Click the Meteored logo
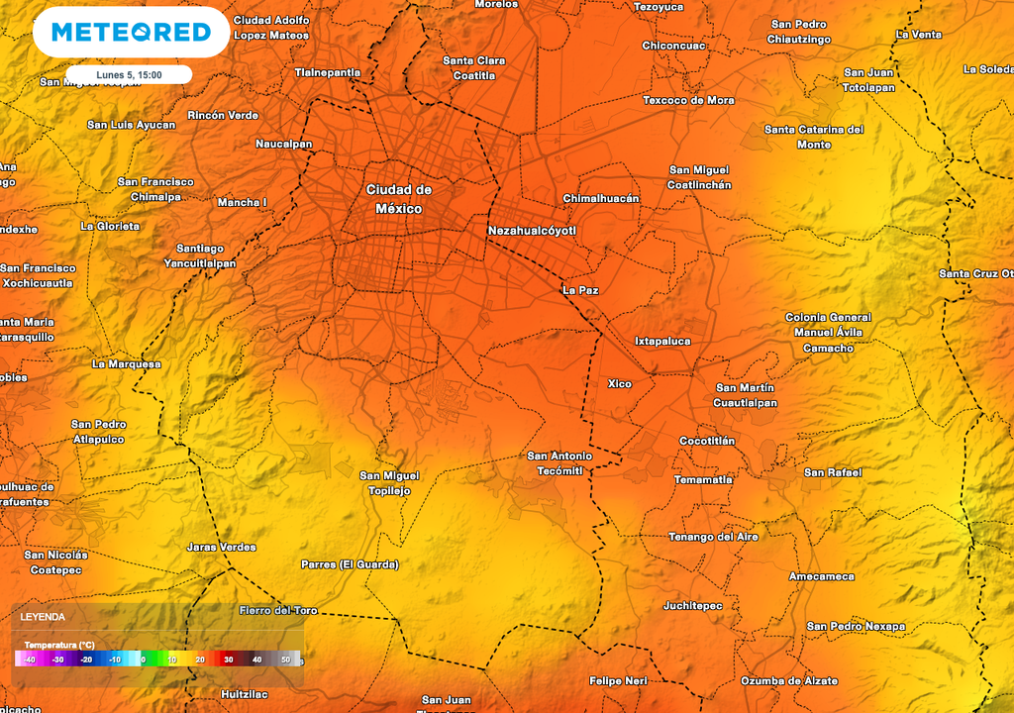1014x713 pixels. coord(131,33)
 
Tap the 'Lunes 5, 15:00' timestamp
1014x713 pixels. coord(129,74)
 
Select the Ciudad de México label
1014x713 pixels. coord(399,199)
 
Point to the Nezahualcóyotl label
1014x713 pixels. coord(532,231)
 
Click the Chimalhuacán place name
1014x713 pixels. coord(601,198)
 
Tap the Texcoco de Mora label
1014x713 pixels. coord(688,100)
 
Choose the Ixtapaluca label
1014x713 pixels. coord(662,341)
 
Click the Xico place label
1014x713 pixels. coord(619,383)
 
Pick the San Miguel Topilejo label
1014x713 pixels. coord(389,483)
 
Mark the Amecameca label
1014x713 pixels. coord(822,576)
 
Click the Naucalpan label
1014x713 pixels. coord(284,144)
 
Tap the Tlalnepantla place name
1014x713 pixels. coord(328,72)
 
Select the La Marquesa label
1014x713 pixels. coord(126,363)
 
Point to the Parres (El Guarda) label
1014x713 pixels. coord(350,564)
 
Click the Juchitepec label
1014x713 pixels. coord(693,605)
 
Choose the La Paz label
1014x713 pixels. coord(580,290)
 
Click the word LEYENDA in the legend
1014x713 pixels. coord(43,617)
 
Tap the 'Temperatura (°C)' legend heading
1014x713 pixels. coord(60,644)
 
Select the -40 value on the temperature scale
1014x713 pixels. coord(30,660)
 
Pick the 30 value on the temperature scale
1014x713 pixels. coord(228,660)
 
